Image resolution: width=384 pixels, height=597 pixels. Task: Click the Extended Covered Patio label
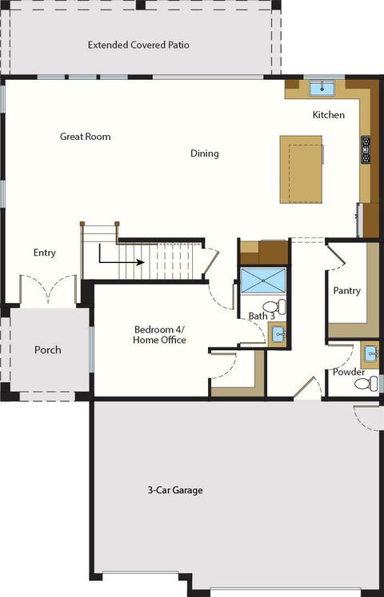[138, 45]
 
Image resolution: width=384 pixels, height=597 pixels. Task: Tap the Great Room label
[86, 137]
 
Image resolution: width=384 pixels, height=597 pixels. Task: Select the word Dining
[205, 153]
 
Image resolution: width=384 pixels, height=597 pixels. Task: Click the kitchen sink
[322, 89]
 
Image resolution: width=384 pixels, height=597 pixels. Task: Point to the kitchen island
[302, 169]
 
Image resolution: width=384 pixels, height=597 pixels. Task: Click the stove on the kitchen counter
[366, 149]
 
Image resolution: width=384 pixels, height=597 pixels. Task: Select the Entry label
[45, 253]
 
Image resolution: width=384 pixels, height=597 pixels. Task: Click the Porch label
[48, 350]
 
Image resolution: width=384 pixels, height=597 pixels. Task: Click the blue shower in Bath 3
[263, 281]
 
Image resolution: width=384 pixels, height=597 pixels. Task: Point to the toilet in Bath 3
[274, 307]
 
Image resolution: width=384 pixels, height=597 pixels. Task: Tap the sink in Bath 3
[278, 335]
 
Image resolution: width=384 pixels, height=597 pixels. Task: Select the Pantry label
[346, 291]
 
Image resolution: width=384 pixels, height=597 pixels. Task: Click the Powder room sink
[370, 355]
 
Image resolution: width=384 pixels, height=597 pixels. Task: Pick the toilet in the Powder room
[366, 384]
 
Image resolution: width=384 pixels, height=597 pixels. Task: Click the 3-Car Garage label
[175, 490]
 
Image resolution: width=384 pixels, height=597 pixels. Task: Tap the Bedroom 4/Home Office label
[160, 335]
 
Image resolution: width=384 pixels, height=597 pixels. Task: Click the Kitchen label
[328, 114]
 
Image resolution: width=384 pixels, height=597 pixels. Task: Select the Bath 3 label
[262, 316]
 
